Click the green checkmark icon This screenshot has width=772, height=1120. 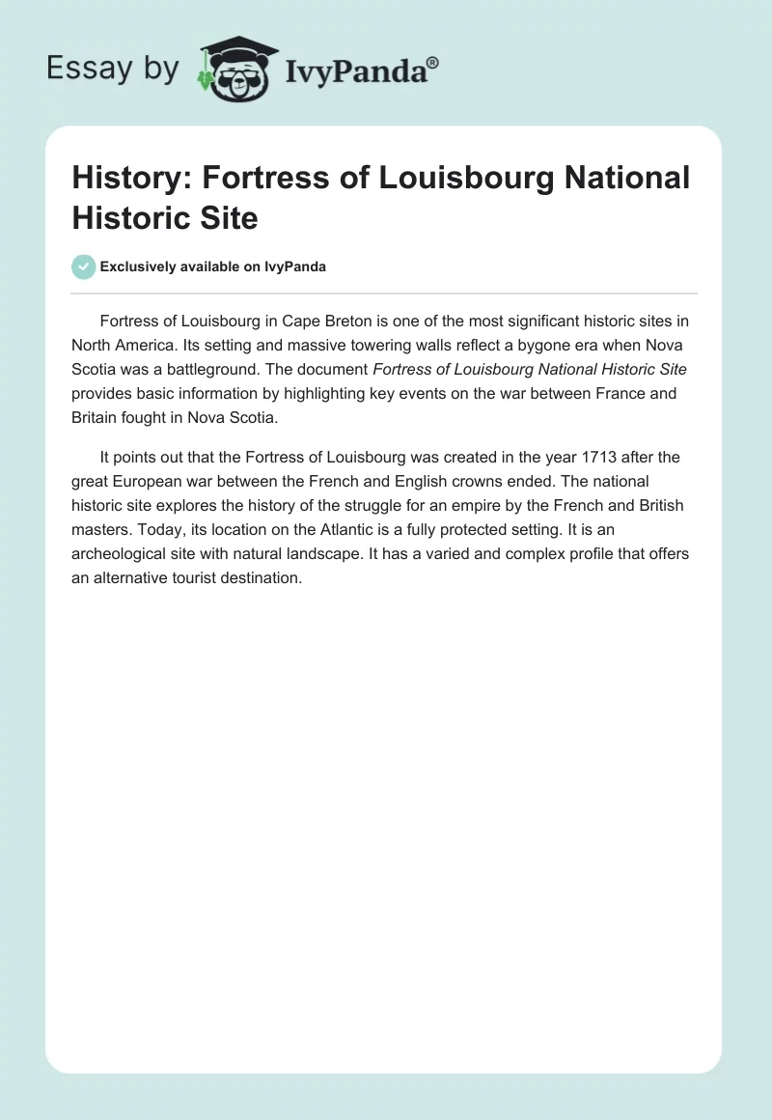(x=83, y=266)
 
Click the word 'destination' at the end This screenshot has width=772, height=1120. (x=258, y=580)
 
